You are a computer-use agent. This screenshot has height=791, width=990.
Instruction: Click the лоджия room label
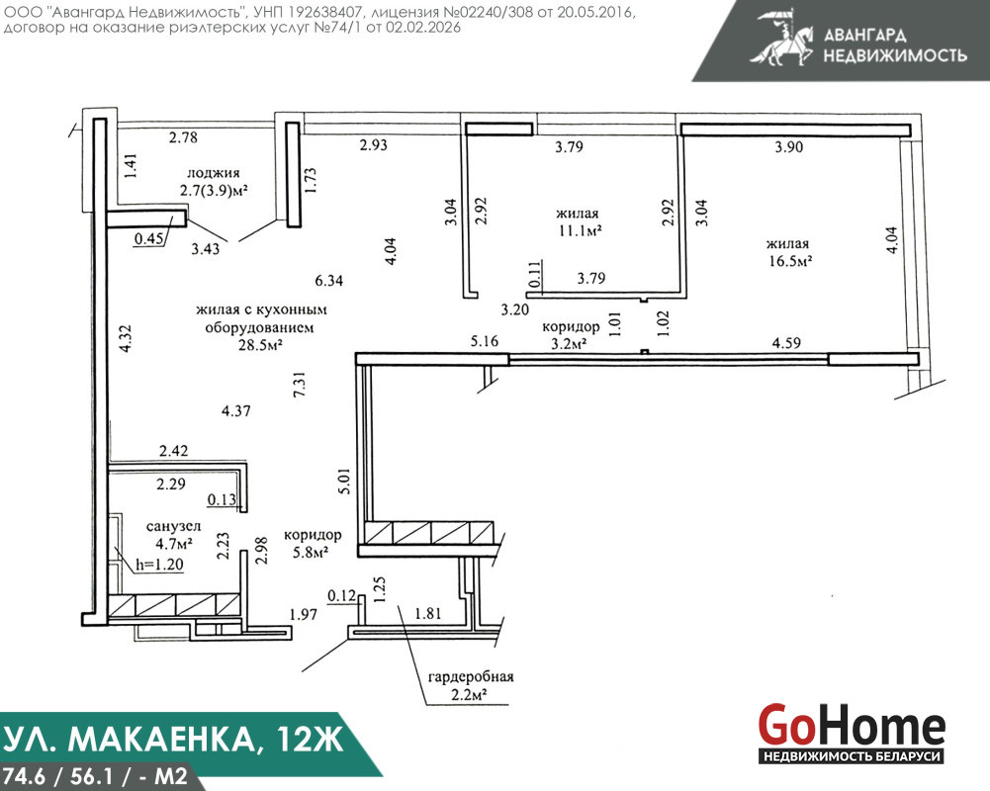click(214, 173)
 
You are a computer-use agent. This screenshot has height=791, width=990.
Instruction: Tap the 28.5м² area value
click(260, 345)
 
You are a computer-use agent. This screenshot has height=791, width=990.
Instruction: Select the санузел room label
click(174, 526)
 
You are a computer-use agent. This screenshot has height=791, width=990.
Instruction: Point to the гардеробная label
click(471, 677)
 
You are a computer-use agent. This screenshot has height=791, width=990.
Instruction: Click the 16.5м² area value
click(790, 261)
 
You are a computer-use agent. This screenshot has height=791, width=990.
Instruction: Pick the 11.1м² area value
click(580, 230)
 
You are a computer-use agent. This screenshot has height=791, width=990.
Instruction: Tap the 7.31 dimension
click(300, 384)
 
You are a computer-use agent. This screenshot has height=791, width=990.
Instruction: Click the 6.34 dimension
click(329, 280)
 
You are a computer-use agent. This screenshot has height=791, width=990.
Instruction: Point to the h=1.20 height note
click(160, 565)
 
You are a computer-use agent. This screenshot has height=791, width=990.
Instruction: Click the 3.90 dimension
click(789, 147)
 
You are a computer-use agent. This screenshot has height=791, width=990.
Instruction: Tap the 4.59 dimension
click(786, 343)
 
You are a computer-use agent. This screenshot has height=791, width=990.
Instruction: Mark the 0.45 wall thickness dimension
click(149, 238)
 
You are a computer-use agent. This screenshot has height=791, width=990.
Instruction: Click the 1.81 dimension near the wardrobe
click(428, 613)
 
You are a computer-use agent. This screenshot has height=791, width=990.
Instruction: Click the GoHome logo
click(852, 733)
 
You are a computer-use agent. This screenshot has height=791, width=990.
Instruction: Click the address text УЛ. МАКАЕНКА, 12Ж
click(173, 739)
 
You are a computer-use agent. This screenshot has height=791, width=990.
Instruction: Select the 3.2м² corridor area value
click(570, 344)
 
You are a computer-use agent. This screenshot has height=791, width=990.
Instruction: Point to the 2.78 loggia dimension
click(183, 137)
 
